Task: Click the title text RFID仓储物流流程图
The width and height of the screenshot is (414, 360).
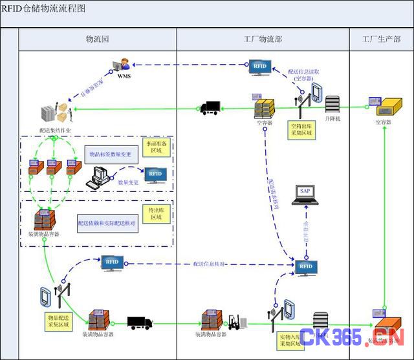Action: click(x=43, y=8)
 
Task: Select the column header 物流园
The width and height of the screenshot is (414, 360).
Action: click(x=98, y=39)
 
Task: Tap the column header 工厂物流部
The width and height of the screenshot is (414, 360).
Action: click(x=263, y=39)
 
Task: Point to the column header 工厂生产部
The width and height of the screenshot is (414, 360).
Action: click(x=381, y=39)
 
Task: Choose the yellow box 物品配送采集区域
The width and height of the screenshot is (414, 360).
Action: click(x=58, y=321)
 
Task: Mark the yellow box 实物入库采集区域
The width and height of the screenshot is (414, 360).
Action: click(x=292, y=340)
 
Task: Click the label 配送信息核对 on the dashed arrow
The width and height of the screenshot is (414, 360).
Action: click(x=209, y=264)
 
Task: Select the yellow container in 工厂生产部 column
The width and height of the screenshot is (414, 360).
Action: click(x=386, y=104)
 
